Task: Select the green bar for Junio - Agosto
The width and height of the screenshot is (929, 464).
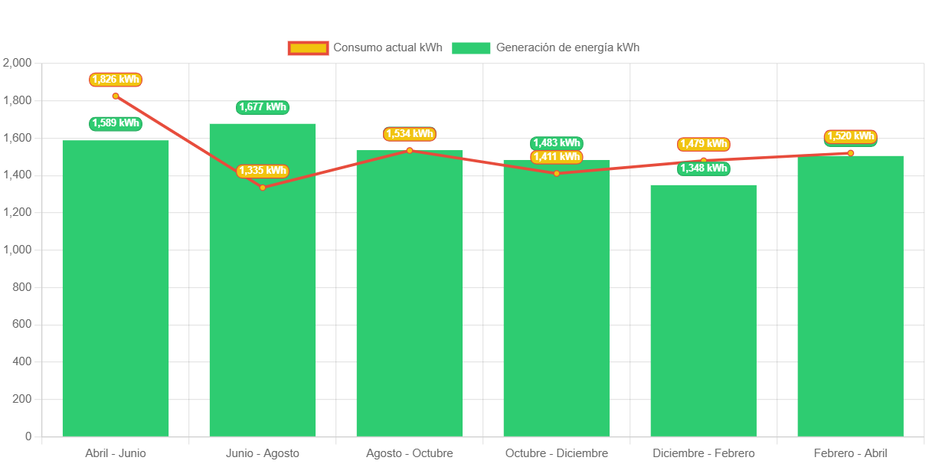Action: (x=263, y=306)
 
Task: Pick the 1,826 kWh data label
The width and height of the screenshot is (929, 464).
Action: (x=116, y=79)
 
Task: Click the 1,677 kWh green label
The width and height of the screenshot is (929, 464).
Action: (x=263, y=107)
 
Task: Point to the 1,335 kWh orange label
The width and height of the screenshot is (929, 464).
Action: (x=263, y=171)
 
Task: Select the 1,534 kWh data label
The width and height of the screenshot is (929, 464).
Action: (x=410, y=134)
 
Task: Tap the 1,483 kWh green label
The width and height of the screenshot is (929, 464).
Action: (x=557, y=143)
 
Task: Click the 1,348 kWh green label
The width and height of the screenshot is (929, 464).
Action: (x=703, y=168)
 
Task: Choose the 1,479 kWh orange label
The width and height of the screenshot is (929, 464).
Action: (x=703, y=144)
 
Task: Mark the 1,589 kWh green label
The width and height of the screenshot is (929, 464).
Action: (x=116, y=123)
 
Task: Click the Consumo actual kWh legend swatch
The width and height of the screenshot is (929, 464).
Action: (x=308, y=48)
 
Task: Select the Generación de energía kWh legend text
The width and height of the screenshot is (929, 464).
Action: (x=568, y=47)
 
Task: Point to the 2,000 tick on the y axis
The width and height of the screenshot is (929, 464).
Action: (x=18, y=63)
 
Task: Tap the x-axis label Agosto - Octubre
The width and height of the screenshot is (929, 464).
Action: (x=410, y=453)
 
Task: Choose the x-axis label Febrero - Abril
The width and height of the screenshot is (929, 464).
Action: (x=850, y=453)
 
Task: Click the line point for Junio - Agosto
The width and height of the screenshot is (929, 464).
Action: (x=263, y=188)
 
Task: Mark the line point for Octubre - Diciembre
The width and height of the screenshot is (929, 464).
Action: (x=557, y=173)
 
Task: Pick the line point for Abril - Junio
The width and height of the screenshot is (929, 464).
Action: (x=116, y=96)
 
